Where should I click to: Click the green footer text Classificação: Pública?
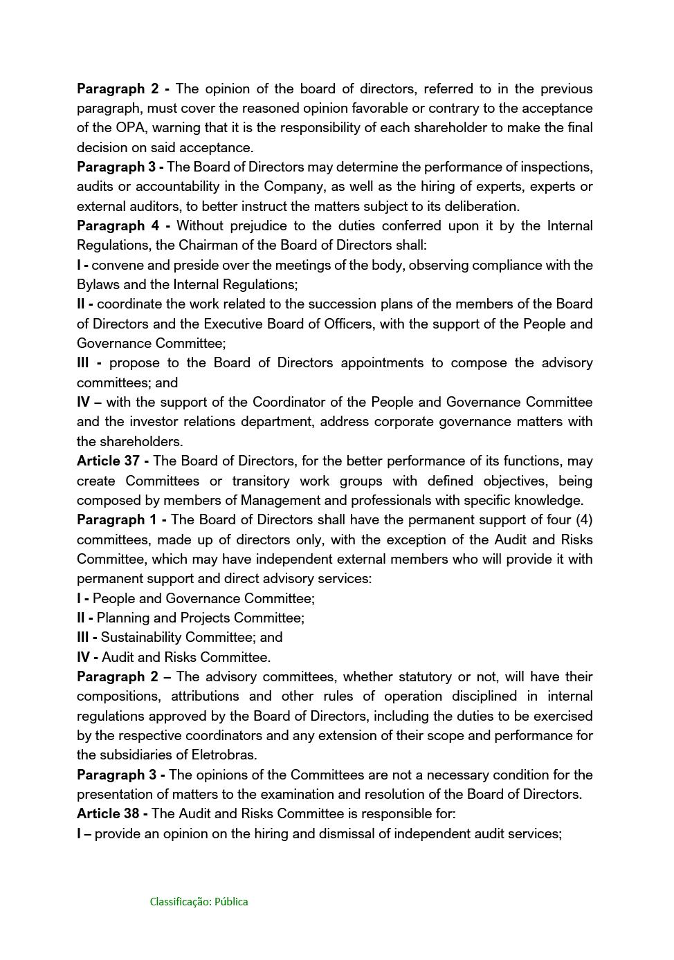click(199, 902)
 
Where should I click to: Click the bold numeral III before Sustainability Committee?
click(85, 638)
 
